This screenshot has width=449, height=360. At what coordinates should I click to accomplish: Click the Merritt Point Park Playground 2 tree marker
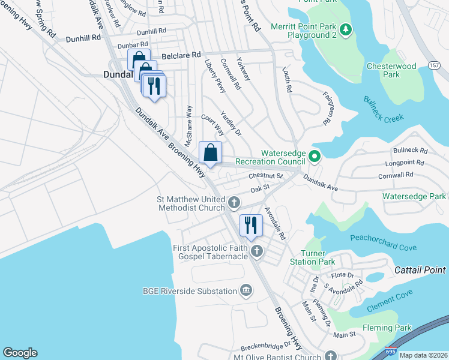coord(345,29)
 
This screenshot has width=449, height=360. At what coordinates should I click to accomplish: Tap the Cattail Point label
coord(421,271)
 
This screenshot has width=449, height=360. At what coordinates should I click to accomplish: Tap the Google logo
coord(20,353)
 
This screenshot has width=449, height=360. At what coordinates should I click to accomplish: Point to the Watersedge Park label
coord(415,196)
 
